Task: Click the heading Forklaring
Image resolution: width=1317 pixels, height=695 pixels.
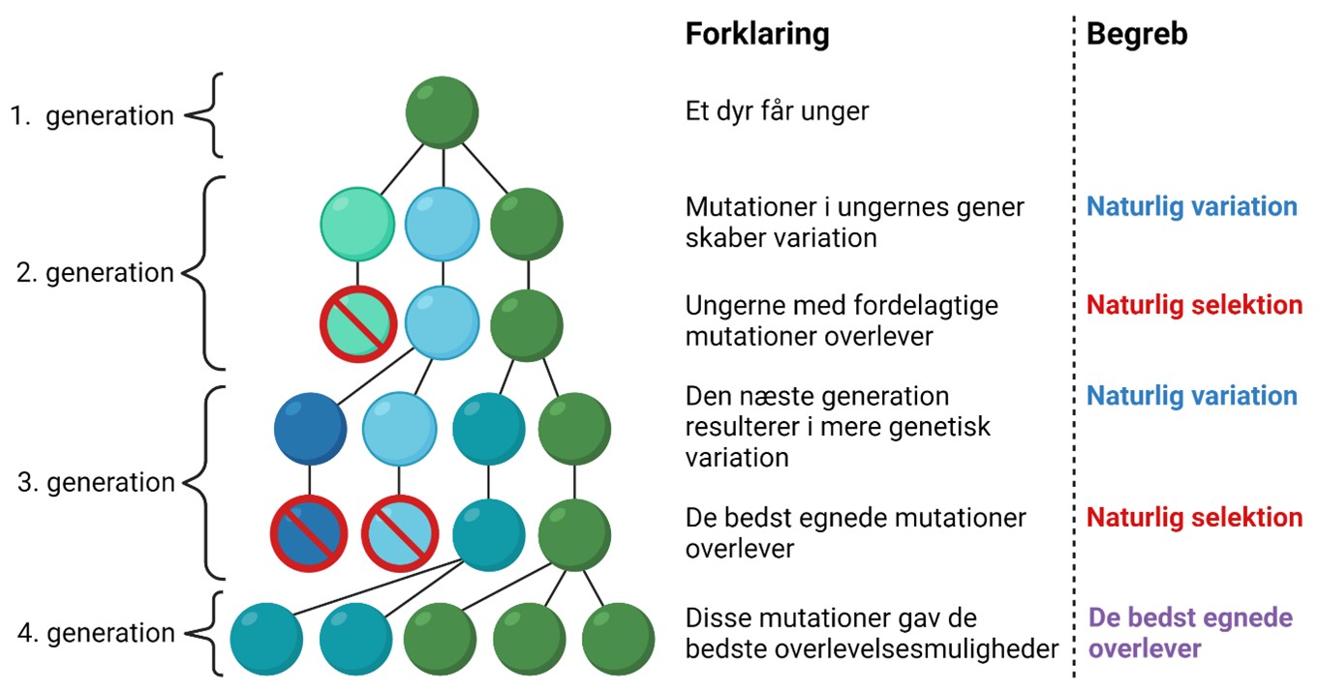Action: pos(757,35)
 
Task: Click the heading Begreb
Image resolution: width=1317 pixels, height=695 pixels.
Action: pos(1137,35)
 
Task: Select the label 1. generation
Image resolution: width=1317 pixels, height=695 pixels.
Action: pos(92,116)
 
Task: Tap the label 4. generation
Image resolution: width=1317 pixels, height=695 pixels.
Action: pos(97,634)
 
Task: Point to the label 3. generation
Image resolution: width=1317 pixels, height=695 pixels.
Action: pos(97,482)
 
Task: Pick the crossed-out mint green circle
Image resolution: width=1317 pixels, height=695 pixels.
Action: pos(357,323)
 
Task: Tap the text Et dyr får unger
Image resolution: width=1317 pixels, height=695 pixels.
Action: pos(777,111)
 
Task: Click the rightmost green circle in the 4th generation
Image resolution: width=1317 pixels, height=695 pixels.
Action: pos(618,639)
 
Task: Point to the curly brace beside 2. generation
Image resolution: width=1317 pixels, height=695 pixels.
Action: pos(204,273)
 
